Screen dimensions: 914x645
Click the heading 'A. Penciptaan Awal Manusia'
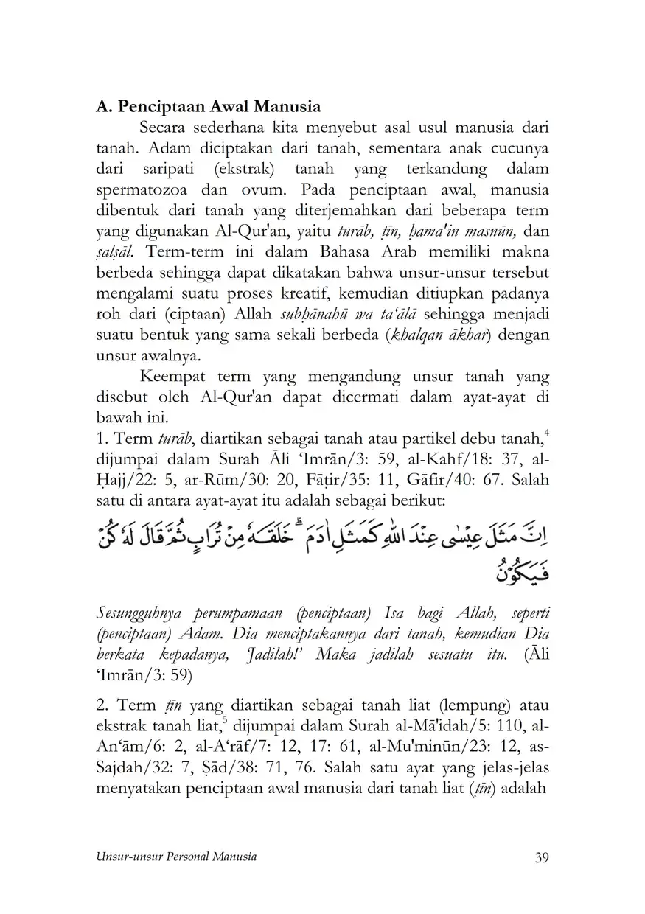(x=208, y=106)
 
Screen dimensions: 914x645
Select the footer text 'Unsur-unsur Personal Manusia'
(x=176, y=857)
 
